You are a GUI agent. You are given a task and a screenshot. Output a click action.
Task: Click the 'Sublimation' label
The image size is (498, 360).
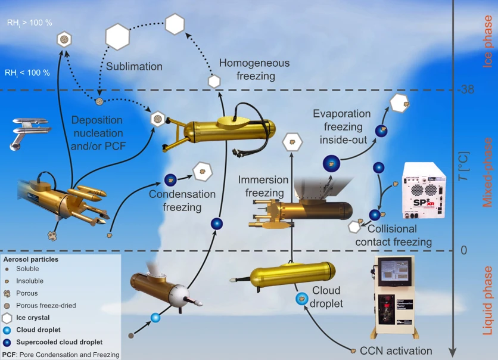click(x=134, y=66)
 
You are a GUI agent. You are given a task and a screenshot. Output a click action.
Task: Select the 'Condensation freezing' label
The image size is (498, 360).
click(x=173, y=201)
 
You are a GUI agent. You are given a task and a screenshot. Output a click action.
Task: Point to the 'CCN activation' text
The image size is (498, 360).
click(x=396, y=350)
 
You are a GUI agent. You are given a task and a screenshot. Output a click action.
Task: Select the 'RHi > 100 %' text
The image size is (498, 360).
click(x=29, y=23)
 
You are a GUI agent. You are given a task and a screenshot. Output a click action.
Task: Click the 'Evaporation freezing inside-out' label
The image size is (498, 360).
click(x=343, y=126)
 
